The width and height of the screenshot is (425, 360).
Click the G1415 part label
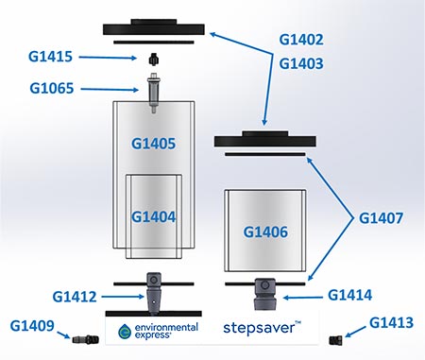pyautogui.click(x=50, y=57)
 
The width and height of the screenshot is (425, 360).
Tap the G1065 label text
pyautogui.click(x=52, y=88)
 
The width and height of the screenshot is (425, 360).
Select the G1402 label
pyautogui.click(x=301, y=40)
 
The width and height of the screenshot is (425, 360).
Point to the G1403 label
pyautogui.click(x=301, y=63)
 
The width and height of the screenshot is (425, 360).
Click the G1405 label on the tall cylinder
pyautogui.click(x=153, y=144)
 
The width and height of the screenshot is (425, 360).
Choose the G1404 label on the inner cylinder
pyautogui.click(x=153, y=217)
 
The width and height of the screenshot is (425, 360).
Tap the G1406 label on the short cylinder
pyautogui.click(x=265, y=232)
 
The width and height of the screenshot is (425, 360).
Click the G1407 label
pyautogui.click(x=381, y=218)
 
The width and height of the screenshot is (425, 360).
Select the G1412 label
pyautogui.click(x=75, y=297)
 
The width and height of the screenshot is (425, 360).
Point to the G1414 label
pyautogui.click(x=350, y=295)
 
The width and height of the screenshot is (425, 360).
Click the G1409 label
pyautogui.click(x=32, y=326)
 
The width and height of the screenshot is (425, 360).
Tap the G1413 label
pyautogui.click(x=391, y=323)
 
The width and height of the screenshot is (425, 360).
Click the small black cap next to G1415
pyautogui.click(x=153, y=60)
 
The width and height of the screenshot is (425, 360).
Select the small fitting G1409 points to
pyautogui.click(x=85, y=339)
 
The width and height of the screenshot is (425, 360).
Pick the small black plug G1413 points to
pyautogui.click(x=336, y=340)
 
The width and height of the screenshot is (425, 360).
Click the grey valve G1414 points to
pyautogui.click(x=265, y=294)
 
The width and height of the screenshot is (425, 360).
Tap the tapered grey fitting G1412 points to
pyautogui.click(x=154, y=294)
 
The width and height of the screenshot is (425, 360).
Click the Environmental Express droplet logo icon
pyautogui.click(x=125, y=332)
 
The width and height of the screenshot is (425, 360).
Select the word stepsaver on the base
pyautogui.click(x=259, y=329)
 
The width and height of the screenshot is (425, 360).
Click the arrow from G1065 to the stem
pyautogui.click(x=110, y=90)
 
